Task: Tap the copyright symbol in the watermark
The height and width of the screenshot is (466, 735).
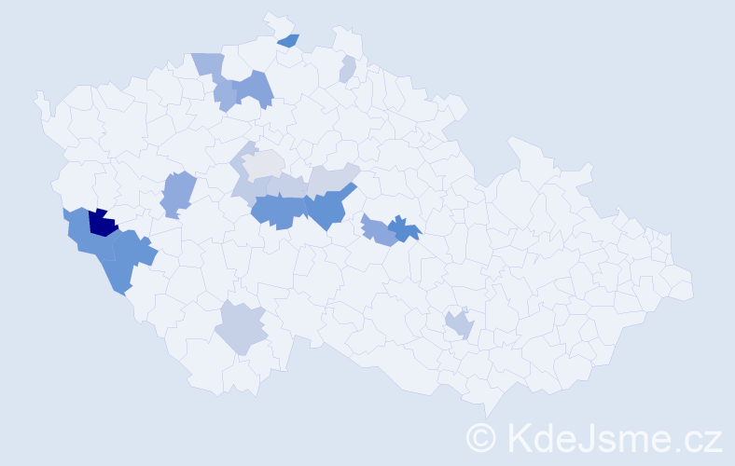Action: (x=480, y=436)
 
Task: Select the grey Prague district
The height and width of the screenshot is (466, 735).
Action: (x=264, y=165)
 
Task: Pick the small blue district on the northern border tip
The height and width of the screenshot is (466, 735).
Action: (x=289, y=40)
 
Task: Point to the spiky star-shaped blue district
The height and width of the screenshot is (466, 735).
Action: (x=404, y=228)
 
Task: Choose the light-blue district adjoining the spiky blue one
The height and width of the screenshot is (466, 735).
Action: (x=378, y=230)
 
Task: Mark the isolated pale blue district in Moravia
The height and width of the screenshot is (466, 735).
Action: (x=459, y=325)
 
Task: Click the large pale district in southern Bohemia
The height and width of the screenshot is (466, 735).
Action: (x=242, y=328)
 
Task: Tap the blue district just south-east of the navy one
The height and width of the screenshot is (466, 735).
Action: (x=131, y=253)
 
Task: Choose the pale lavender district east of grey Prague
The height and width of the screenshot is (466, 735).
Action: (x=331, y=177)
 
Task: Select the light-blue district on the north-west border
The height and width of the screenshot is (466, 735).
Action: (x=209, y=64)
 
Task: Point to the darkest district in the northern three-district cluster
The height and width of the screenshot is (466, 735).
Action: (x=253, y=89)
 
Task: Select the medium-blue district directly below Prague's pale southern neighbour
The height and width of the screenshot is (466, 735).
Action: (x=277, y=212)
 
